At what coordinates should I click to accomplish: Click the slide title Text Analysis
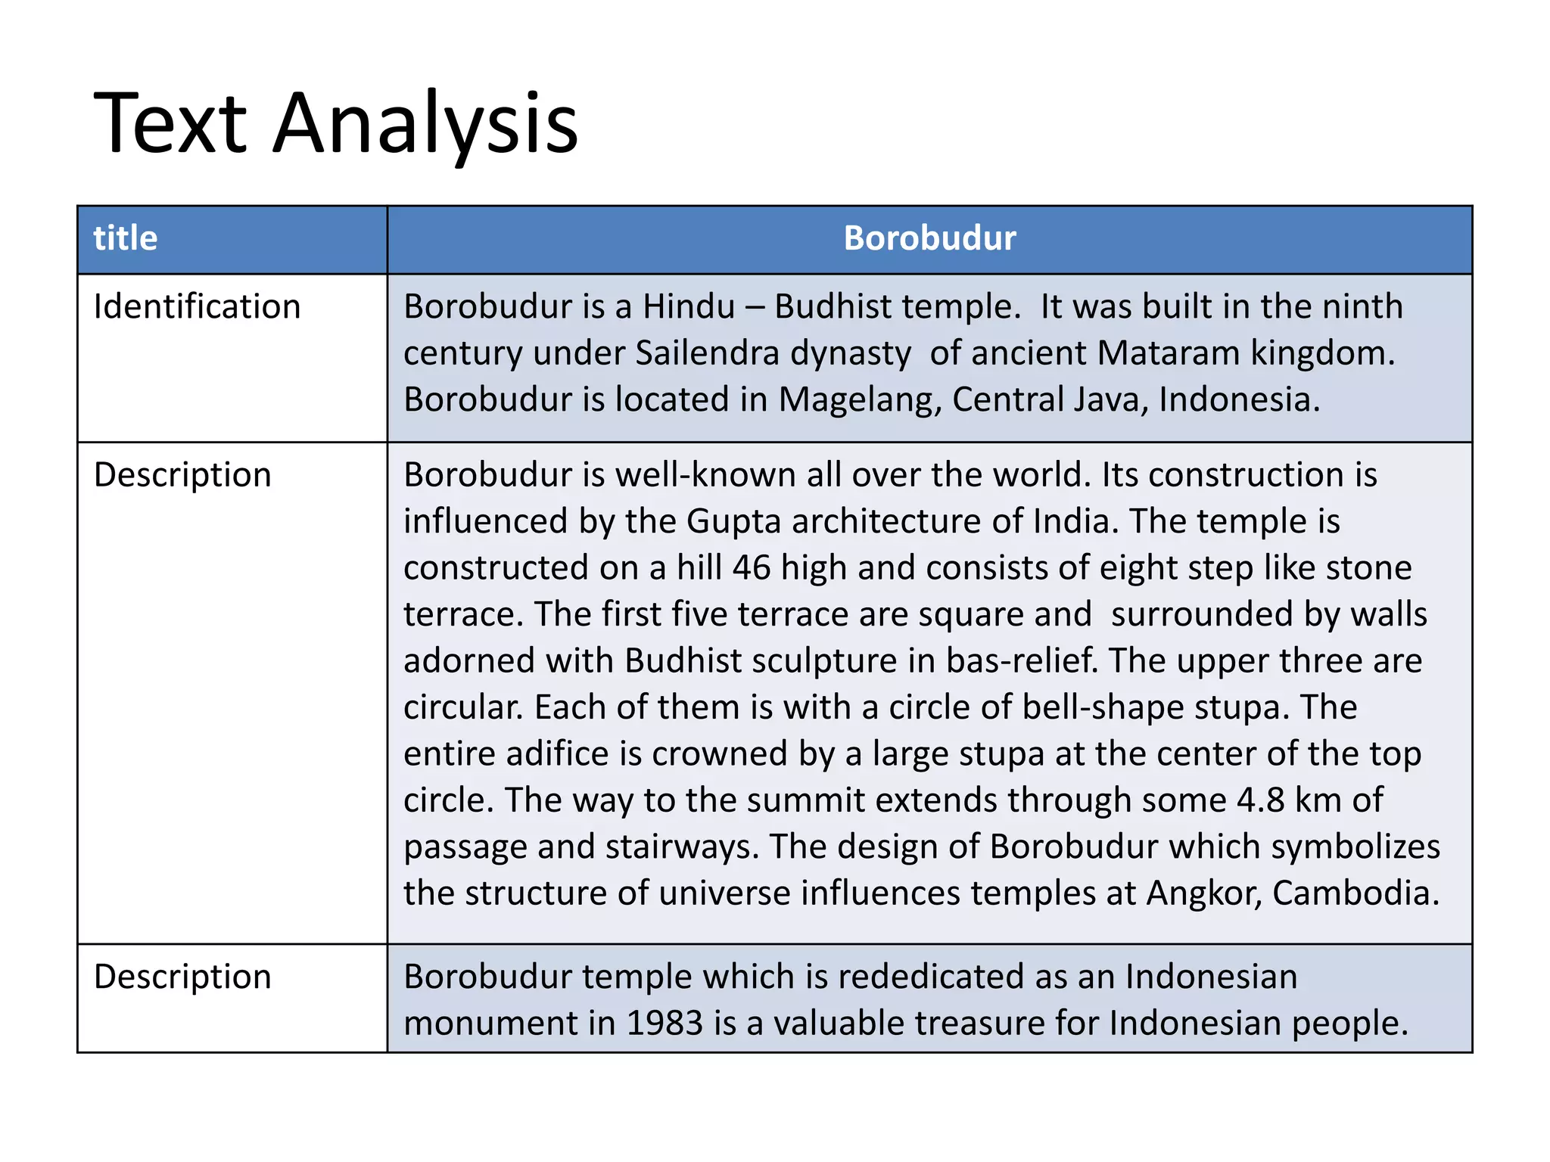point(335,123)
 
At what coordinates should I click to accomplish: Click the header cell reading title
point(126,238)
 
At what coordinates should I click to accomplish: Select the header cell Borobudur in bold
point(929,238)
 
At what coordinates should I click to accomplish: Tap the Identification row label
point(197,307)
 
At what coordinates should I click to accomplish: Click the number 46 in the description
point(752,568)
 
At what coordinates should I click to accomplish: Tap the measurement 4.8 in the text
point(1260,800)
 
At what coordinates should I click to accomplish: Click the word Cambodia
point(1355,893)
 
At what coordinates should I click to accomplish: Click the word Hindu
point(689,307)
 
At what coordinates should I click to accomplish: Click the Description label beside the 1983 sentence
point(182,977)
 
